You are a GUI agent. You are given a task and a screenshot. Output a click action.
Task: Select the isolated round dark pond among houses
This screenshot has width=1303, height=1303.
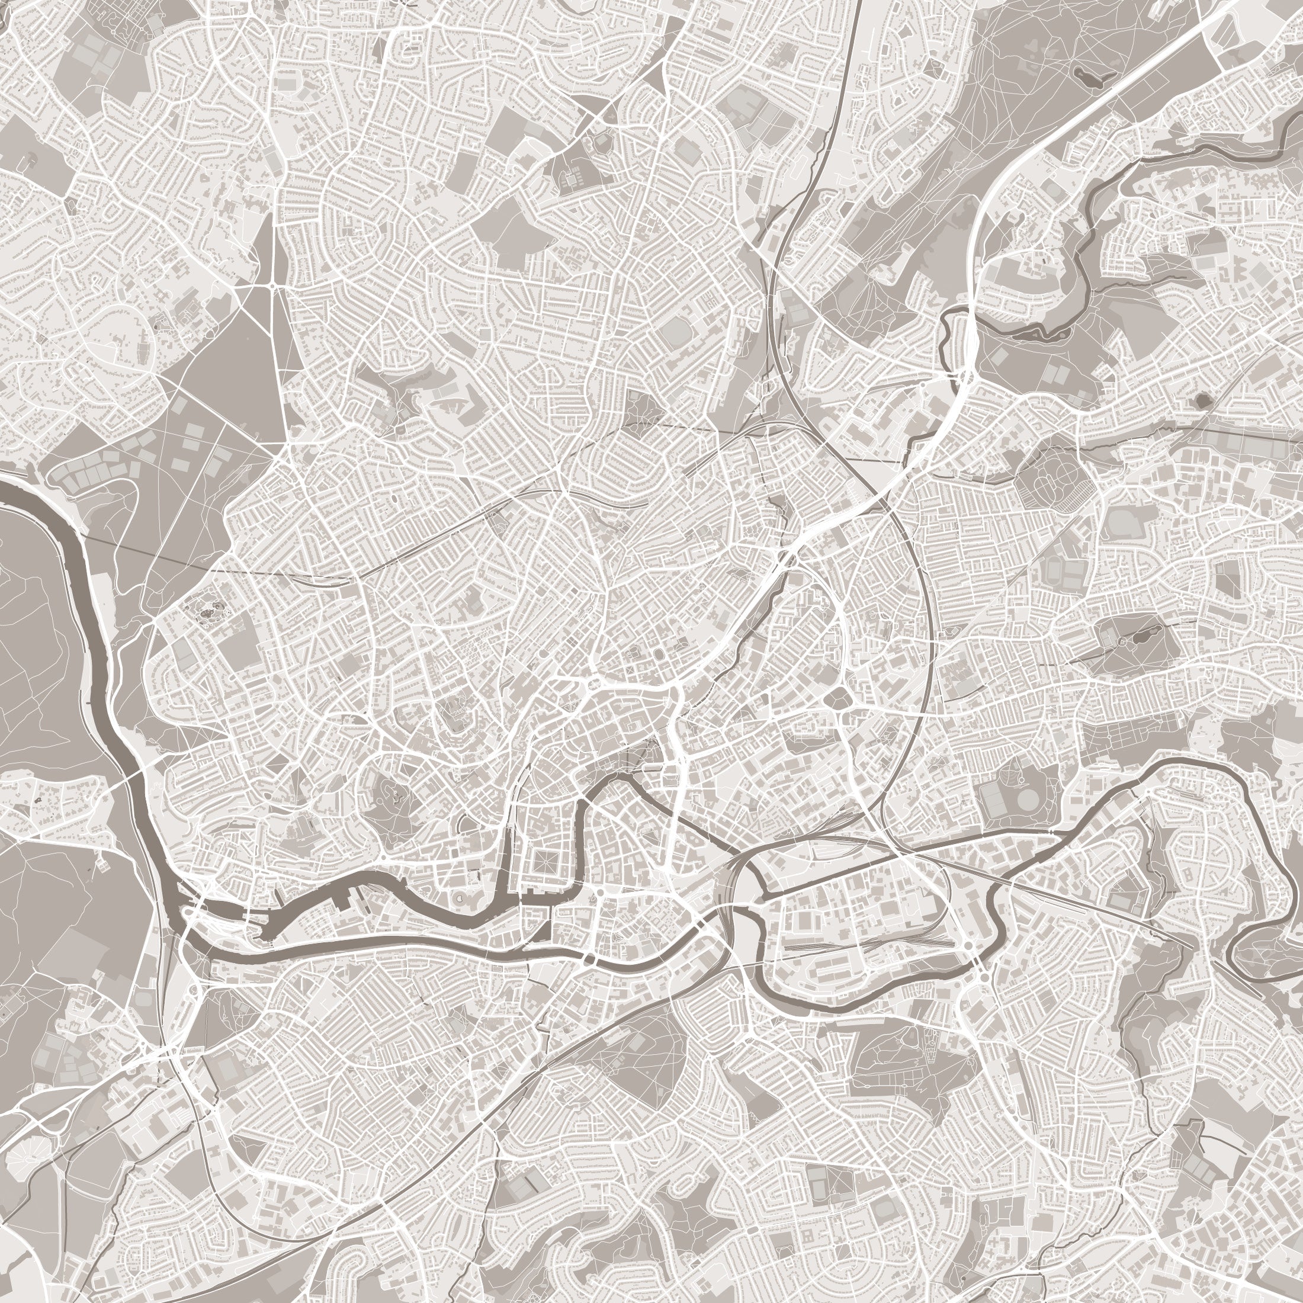[x=1201, y=402]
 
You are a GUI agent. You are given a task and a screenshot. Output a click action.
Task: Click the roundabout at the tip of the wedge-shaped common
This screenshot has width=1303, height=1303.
[x=272, y=287]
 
